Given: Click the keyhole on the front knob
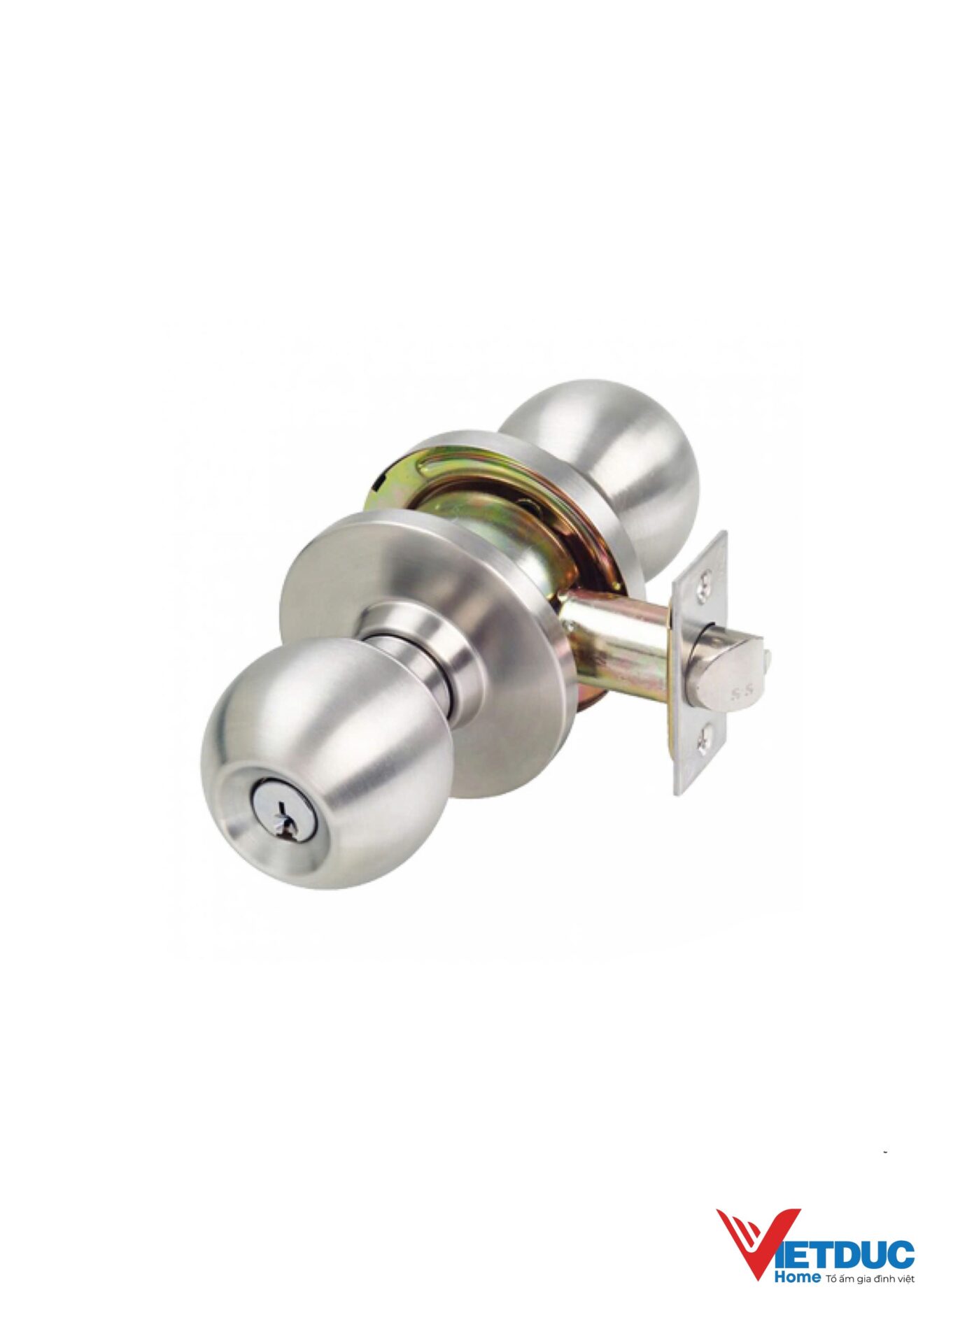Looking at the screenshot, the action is (288, 816).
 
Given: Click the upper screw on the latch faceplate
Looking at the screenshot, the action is (706, 578).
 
